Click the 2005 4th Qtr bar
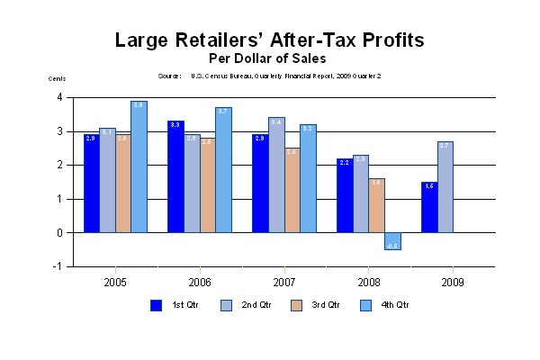139,166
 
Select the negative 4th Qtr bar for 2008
392,241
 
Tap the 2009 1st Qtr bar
429,207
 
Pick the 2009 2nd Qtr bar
445,187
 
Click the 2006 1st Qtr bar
175,176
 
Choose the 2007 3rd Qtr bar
292,191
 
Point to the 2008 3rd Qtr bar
376,206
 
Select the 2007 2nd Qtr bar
276,175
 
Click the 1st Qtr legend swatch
156,305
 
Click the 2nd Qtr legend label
257,305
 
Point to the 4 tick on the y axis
59,97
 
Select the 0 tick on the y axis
59,232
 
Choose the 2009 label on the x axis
452,282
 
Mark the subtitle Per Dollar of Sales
269,58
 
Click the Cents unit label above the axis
57,78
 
